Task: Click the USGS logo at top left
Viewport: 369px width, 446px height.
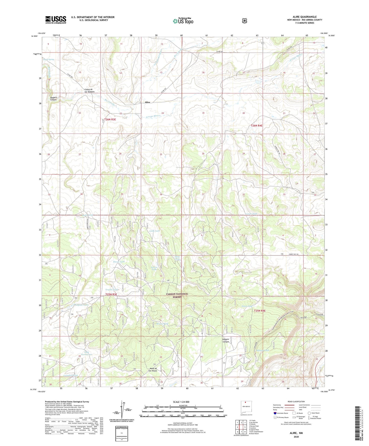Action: (x=56, y=19)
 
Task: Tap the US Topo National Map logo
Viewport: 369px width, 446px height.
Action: (x=183, y=21)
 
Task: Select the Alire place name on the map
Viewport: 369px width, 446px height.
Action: (x=147, y=102)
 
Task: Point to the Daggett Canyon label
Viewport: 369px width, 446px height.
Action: (x=53, y=98)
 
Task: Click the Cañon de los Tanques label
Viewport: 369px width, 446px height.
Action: (x=89, y=90)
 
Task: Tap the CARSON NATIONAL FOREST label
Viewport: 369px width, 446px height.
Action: (x=177, y=295)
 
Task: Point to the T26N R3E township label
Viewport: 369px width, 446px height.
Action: (x=110, y=119)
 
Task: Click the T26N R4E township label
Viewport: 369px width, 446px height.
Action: (x=256, y=125)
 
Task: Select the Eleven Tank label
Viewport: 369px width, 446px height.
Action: (x=119, y=262)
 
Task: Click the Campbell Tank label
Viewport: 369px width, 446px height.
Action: (x=71, y=375)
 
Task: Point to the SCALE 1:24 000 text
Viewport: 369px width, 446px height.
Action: (x=181, y=402)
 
